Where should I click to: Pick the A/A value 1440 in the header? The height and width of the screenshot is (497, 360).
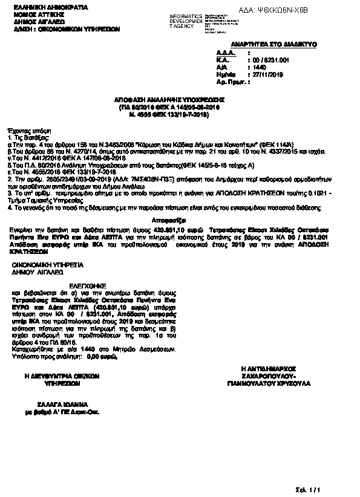260,67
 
